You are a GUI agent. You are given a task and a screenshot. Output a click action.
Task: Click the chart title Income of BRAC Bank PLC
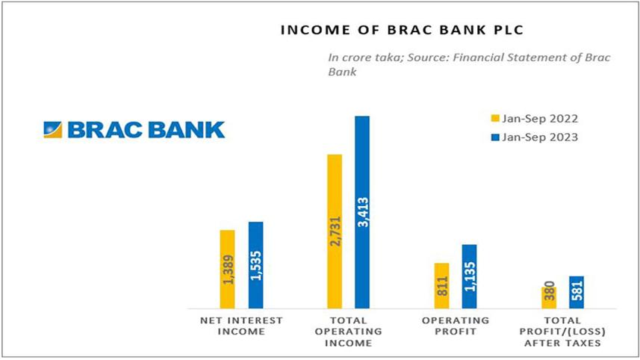[402, 30]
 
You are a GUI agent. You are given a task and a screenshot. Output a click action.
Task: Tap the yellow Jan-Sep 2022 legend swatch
[495, 118]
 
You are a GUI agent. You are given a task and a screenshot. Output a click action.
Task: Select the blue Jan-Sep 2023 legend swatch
[495, 137]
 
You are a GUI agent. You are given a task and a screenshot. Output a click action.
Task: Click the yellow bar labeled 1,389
[227, 270]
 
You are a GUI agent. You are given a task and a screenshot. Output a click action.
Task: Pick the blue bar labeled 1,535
[256, 265]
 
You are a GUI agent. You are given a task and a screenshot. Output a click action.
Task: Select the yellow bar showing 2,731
[335, 232]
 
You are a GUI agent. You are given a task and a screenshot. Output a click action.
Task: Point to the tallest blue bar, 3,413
[362, 212]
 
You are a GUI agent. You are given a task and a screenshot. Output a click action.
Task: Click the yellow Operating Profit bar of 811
[441, 286]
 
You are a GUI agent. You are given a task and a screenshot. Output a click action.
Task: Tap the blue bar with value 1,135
[470, 277]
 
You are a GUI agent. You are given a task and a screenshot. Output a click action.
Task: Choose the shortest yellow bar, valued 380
[549, 298]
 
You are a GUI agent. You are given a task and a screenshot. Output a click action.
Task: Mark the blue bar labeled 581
[577, 292]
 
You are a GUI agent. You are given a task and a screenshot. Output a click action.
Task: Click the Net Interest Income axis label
[241, 326]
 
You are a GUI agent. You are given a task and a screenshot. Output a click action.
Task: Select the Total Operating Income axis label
[349, 332]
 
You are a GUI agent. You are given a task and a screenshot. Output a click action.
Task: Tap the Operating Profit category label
[456, 326]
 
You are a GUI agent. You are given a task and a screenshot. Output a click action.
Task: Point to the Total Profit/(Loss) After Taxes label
[562, 332]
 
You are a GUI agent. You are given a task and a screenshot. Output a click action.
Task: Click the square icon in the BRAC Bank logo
[53, 130]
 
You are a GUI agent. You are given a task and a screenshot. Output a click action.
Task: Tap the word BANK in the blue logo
[187, 130]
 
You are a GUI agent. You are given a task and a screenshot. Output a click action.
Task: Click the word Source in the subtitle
[427, 58]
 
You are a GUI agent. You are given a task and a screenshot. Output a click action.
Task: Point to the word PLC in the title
[508, 30]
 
